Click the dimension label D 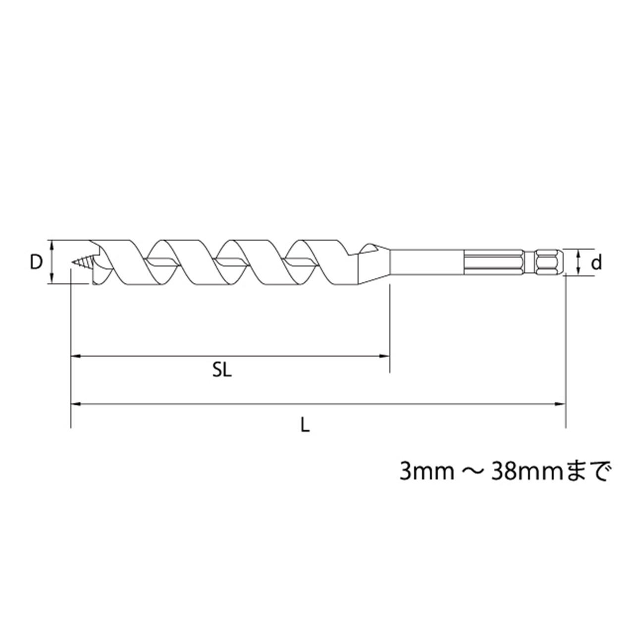37,262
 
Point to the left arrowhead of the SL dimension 76,356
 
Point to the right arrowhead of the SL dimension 385,356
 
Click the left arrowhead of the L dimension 76,404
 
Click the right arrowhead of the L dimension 560,404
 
